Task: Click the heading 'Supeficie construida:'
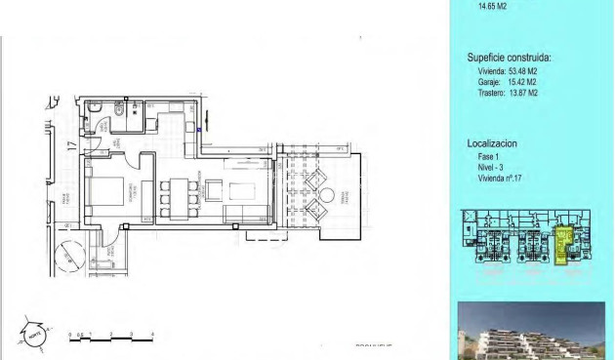point(509,58)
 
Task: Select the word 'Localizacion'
point(492,143)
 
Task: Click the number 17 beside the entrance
point(71,148)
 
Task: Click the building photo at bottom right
point(531,332)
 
